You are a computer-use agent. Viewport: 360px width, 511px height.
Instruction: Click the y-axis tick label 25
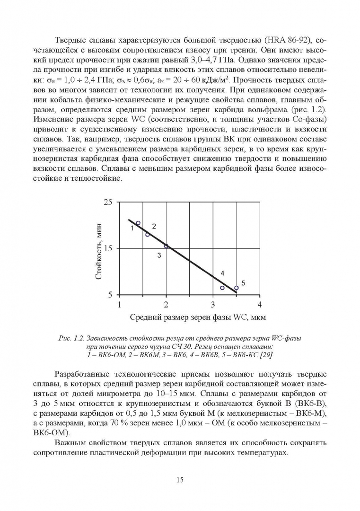[x=108, y=203]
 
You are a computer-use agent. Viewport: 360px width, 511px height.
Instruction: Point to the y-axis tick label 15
[x=108, y=248]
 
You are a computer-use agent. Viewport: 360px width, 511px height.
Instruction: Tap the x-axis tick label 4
[x=259, y=304]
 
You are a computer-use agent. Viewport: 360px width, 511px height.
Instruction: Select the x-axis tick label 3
[x=213, y=304]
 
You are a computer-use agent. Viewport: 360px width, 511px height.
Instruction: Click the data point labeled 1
[x=138, y=223]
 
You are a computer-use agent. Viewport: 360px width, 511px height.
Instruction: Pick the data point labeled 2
[x=148, y=234]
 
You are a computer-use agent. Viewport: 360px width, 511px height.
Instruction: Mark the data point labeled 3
[x=166, y=246]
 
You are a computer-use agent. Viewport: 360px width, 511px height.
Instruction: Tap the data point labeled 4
[x=222, y=288]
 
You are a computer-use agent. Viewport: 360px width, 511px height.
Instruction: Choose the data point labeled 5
[x=236, y=288]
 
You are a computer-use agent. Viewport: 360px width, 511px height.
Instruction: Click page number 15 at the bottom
[x=180, y=480]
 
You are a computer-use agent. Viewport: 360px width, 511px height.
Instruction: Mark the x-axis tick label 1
[x=119, y=304]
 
